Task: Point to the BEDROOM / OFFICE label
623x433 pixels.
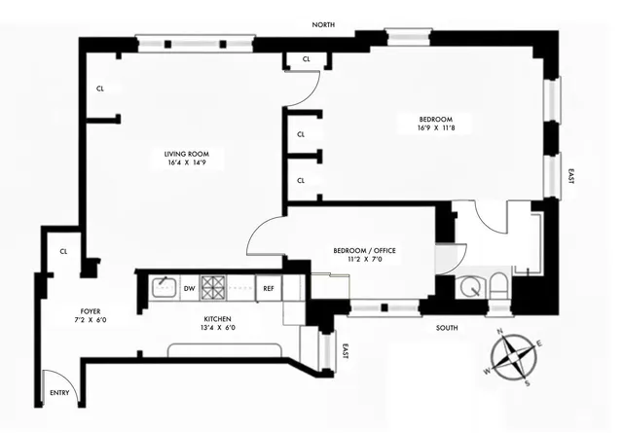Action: pos(364,250)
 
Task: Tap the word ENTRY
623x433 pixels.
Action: pos(60,394)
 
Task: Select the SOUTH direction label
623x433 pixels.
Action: pos(447,328)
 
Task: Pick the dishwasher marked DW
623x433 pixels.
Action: pos(189,288)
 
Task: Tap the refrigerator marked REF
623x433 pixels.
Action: pos(269,288)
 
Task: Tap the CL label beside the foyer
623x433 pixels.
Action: pos(63,251)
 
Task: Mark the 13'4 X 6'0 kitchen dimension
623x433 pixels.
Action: pos(219,328)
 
